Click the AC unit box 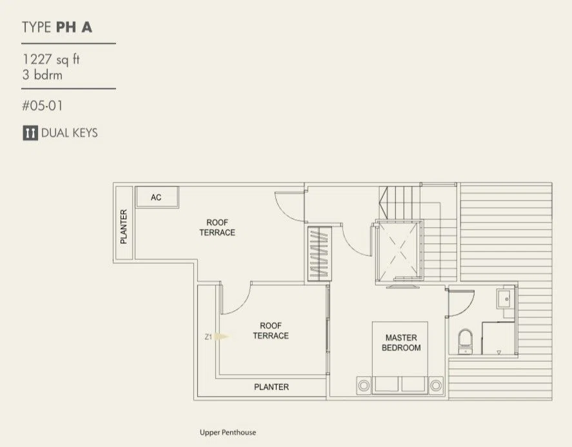[157, 197]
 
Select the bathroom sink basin [506, 299]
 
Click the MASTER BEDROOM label [401, 343]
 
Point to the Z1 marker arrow [221, 337]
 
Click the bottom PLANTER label [271, 387]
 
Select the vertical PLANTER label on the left [124, 226]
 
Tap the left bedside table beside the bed [364, 385]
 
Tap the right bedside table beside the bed [435, 385]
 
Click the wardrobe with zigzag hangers [320, 253]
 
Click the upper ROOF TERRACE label [217, 227]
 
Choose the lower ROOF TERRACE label [271, 331]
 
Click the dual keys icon [30, 133]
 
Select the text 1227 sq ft [51, 59]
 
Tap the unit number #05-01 [43, 106]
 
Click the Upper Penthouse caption [228, 432]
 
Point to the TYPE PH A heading [57, 27]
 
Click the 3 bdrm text [43, 75]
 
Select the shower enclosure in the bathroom [498, 338]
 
